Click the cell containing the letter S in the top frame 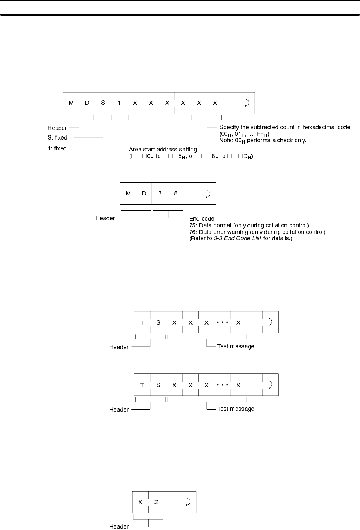click(103, 103)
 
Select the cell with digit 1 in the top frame click(119, 103)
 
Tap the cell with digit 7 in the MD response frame click(160, 194)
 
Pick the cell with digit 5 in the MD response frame click(176, 194)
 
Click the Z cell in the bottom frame click(156, 502)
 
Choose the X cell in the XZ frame click(140, 502)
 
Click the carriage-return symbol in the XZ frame click(188, 502)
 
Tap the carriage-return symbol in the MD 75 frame click(208, 194)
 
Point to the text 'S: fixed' click(57, 138)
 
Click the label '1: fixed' click(57, 148)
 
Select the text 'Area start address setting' click(163, 150)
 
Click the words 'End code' click(202, 219)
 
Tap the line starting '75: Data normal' click(249, 225)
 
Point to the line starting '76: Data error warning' click(257, 232)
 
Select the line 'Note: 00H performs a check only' click(263, 141)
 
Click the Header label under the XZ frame click(119, 527)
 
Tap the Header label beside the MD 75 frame click(105, 218)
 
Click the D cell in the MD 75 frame click(144, 194)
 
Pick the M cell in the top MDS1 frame click(71, 103)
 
